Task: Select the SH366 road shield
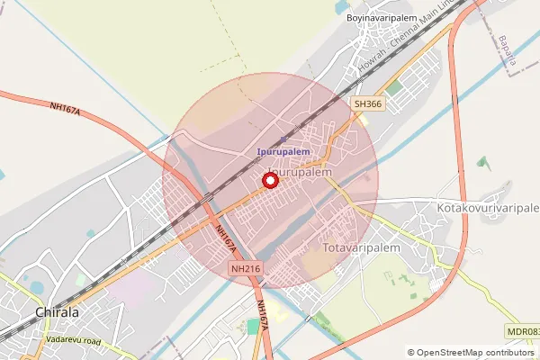pyautogui.click(x=366, y=104)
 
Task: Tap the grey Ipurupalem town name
pyautogui.click(x=301, y=171)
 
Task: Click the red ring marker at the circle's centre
pyautogui.click(x=269, y=181)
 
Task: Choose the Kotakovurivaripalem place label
pyautogui.click(x=487, y=208)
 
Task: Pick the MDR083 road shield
pyautogui.click(x=523, y=332)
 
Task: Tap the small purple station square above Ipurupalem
pyautogui.click(x=283, y=139)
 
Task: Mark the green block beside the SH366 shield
pyautogui.click(x=395, y=87)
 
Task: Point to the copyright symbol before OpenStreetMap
pyautogui.click(x=411, y=352)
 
